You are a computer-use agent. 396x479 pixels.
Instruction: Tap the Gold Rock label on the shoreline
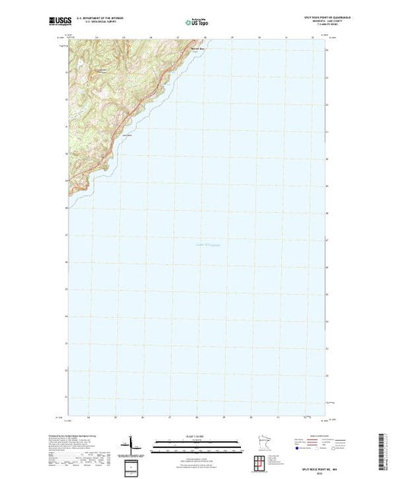point(127,136)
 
